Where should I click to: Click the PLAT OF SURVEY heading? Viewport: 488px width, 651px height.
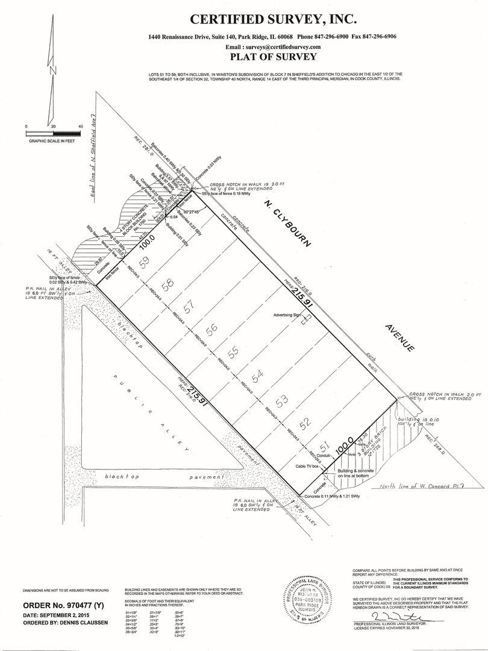click(x=273, y=57)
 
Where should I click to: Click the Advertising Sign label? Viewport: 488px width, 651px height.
click(x=287, y=315)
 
